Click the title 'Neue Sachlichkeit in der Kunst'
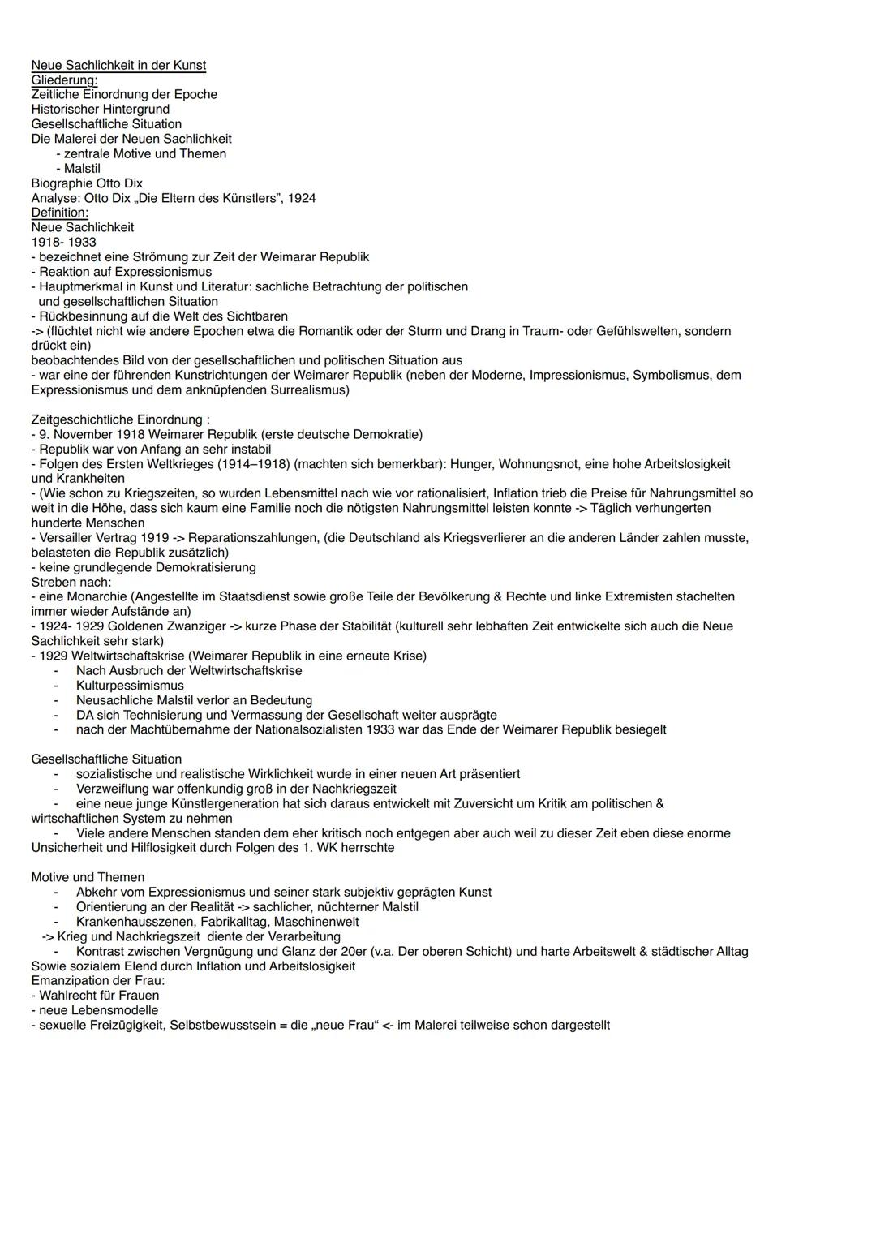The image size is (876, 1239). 118,65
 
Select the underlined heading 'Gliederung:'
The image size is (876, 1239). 64,80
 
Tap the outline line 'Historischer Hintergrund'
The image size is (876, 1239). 101,109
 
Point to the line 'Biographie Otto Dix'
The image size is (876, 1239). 87,183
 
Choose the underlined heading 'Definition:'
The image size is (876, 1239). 60,213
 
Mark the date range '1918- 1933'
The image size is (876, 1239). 63,242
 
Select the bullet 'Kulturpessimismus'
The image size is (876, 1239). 130,685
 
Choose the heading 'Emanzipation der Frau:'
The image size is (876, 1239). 97,980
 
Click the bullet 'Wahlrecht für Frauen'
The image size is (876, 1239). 99,995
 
